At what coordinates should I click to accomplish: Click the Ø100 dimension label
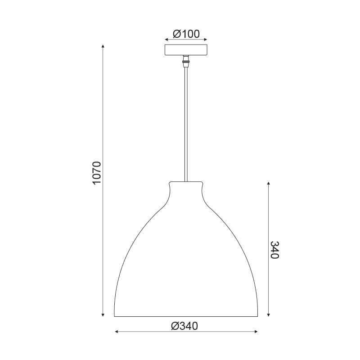pos(186,34)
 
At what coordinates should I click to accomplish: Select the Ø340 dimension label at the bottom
pos(184,326)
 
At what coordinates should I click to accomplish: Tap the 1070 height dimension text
pos(97,173)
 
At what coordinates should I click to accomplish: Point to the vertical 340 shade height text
pos(274,250)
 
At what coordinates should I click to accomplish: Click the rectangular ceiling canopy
pos(186,50)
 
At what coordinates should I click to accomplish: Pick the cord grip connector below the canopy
pos(186,61)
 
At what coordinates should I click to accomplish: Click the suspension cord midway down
pos(186,124)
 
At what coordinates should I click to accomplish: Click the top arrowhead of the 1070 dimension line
pos(103,46)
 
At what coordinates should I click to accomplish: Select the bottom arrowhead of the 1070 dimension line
pos(103,315)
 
